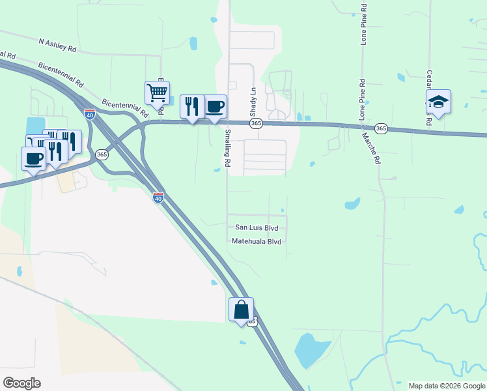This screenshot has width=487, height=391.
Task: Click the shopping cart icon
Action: pyautogui.click(x=157, y=93)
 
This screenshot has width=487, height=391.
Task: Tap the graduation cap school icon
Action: pyautogui.click(x=438, y=102)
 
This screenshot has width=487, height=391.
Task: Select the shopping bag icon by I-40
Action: pyautogui.click(x=241, y=310)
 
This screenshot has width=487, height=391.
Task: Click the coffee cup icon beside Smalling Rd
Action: pyautogui.click(x=214, y=106)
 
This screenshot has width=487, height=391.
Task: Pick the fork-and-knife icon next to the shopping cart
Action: pyautogui.click(x=191, y=106)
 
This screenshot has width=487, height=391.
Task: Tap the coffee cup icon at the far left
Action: pyautogui.click(x=33, y=158)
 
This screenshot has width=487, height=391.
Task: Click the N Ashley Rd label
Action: pyautogui.click(x=57, y=44)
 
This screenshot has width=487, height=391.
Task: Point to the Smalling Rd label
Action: pyautogui.click(x=228, y=149)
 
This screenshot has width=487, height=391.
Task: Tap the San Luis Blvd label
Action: pyautogui.click(x=257, y=227)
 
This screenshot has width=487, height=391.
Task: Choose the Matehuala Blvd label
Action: pyautogui.click(x=257, y=241)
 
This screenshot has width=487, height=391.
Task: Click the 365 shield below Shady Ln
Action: pyautogui.click(x=256, y=123)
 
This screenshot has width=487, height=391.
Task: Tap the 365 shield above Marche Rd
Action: pyautogui.click(x=382, y=129)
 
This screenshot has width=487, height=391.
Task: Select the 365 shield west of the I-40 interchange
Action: pyautogui.click(x=102, y=154)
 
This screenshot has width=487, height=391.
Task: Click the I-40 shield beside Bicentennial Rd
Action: pyautogui.click(x=90, y=115)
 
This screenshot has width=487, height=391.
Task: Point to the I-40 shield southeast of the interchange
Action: pyautogui.click(x=158, y=197)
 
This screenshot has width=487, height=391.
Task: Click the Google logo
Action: pyautogui.click(x=21, y=383)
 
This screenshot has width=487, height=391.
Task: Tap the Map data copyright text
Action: pyautogui.click(x=446, y=386)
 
